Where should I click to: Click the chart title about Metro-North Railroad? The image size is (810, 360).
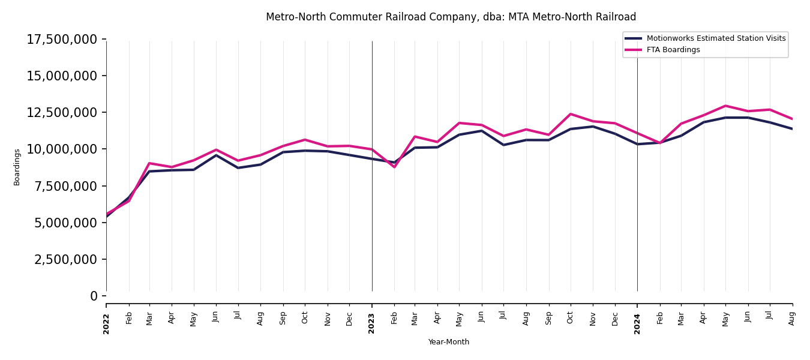point(451,17)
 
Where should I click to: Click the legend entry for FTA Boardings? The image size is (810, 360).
point(673,50)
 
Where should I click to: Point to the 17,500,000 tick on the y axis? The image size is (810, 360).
point(62,40)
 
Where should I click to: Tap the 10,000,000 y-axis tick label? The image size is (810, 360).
point(62,149)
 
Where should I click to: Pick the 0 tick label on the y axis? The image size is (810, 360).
point(94,296)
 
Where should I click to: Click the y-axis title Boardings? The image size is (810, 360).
point(17,167)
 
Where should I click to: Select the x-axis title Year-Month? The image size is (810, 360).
point(448,342)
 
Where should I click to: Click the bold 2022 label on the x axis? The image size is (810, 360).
point(106,323)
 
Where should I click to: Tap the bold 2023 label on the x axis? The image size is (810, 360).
point(372,323)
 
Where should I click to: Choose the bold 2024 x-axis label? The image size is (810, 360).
point(637,323)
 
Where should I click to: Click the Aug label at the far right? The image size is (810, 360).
point(792,318)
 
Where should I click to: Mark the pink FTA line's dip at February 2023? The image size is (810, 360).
point(394,167)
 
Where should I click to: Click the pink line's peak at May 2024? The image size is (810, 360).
point(725,106)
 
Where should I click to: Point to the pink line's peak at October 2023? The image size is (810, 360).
point(571,114)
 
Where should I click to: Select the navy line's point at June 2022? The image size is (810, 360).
point(217,155)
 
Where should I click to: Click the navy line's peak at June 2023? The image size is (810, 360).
point(482,131)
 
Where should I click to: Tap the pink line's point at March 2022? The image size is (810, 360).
point(149,163)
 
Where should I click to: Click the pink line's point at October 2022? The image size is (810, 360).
point(305,140)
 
